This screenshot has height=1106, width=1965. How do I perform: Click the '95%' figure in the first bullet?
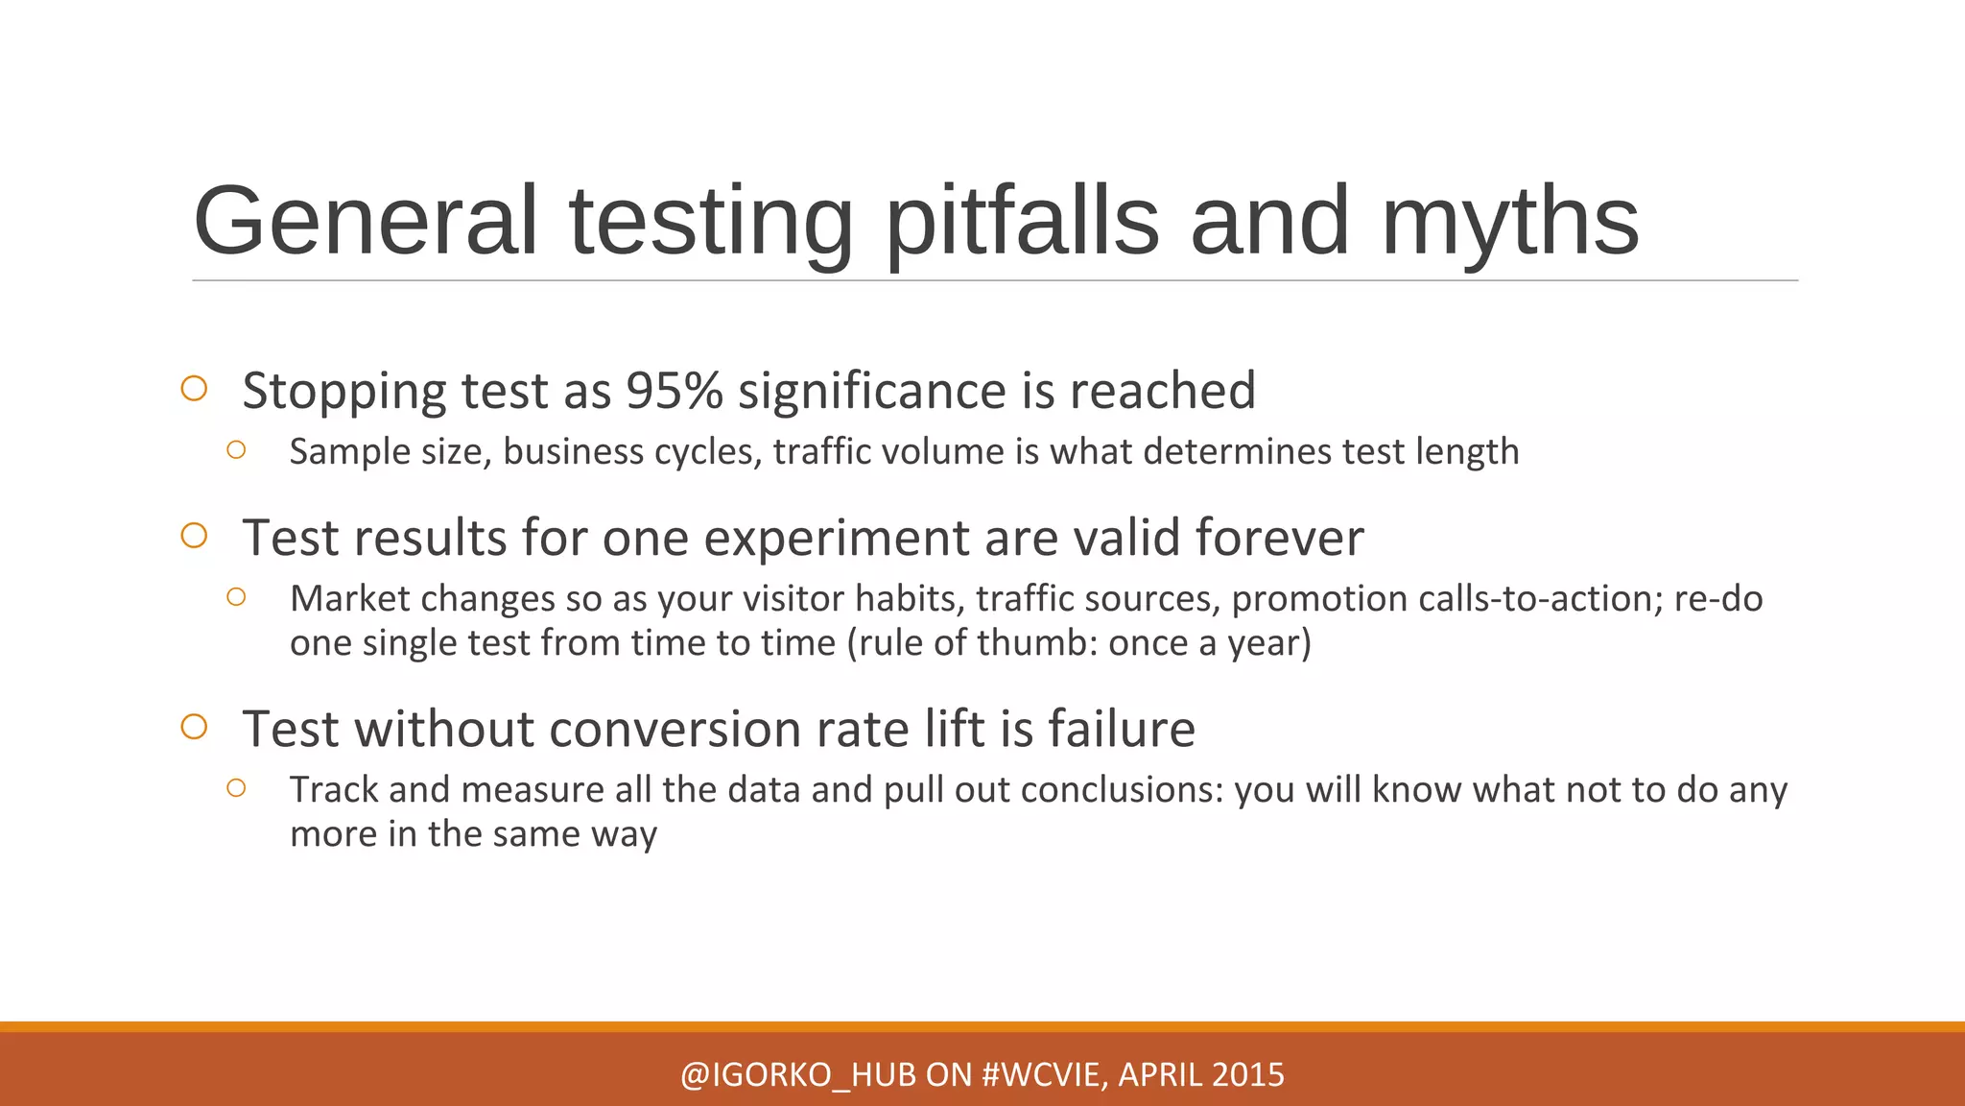[675, 391]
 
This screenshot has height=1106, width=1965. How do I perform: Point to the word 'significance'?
[872, 391]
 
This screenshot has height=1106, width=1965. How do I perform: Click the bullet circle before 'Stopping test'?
[194, 389]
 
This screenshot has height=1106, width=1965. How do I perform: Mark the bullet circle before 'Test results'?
[194, 536]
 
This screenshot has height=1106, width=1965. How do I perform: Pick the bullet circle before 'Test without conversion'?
[194, 727]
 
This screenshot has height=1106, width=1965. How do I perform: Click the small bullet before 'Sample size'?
[236, 449]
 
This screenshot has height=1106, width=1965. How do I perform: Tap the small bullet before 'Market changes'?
[236, 597]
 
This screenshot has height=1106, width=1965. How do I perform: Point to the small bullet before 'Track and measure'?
[236, 788]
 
